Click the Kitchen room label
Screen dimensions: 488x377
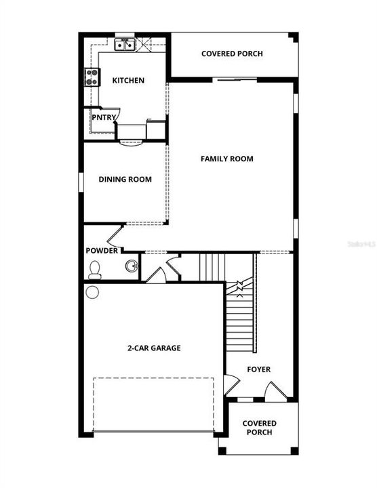point(128,81)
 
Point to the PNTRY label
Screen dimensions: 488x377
point(102,117)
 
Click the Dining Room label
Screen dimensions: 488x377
point(125,180)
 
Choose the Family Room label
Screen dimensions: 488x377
point(226,159)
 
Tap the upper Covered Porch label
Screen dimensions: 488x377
point(232,54)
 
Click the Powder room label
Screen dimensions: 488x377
point(102,251)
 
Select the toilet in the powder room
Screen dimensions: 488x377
point(94,270)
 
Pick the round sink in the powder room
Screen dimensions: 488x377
point(132,265)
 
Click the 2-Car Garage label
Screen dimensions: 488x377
point(154,348)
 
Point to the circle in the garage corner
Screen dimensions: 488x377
point(92,293)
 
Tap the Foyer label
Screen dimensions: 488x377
point(258,369)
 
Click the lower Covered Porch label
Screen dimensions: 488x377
point(259,428)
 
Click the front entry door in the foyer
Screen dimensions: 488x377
point(276,390)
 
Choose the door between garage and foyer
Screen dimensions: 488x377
point(231,384)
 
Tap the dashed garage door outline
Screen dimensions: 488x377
point(153,404)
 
